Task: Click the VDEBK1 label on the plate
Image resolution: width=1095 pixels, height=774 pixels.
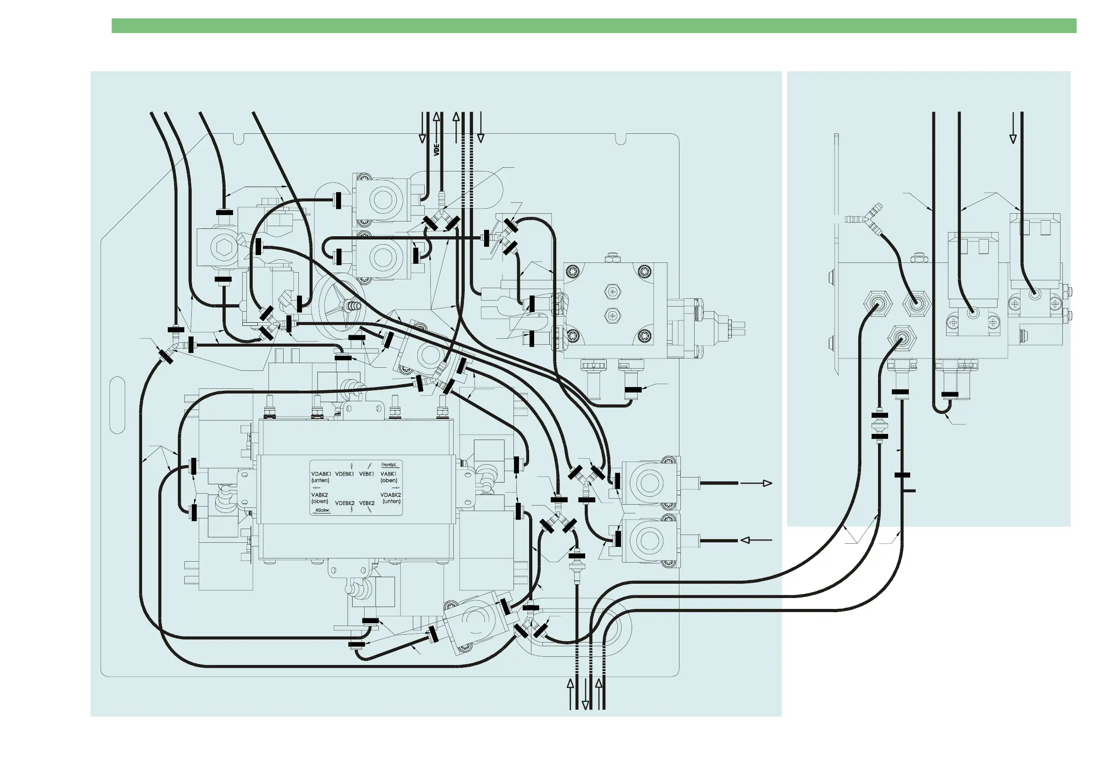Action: [x=344, y=474]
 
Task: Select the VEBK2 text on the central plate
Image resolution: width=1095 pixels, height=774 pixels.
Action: [x=367, y=503]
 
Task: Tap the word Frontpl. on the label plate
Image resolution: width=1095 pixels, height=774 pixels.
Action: [x=389, y=465]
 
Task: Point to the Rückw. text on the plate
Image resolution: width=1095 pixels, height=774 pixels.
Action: [x=323, y=510]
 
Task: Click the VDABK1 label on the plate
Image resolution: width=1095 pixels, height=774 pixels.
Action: [x=321, y=474]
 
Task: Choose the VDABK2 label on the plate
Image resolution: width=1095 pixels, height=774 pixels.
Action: [x=391, y=495]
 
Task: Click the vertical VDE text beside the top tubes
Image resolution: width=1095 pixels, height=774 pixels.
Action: [x=436, y=150]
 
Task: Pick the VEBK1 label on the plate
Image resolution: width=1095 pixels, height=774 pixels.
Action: [x=367, y=474]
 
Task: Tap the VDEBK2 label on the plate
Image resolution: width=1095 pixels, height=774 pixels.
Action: [x=344, y=503]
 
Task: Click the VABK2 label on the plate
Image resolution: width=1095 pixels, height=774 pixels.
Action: [x=319, y=495]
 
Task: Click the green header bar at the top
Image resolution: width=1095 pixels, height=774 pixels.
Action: [x=594, y=26]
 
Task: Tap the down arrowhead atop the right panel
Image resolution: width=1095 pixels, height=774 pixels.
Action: [x=1013, y=139]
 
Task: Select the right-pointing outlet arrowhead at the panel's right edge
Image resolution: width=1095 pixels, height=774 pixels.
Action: [x=767, y=483]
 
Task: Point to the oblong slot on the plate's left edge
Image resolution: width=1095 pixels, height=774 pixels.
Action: [x=117, y=405]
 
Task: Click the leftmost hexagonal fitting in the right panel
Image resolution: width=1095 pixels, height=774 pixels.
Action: [x=878, y=302]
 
